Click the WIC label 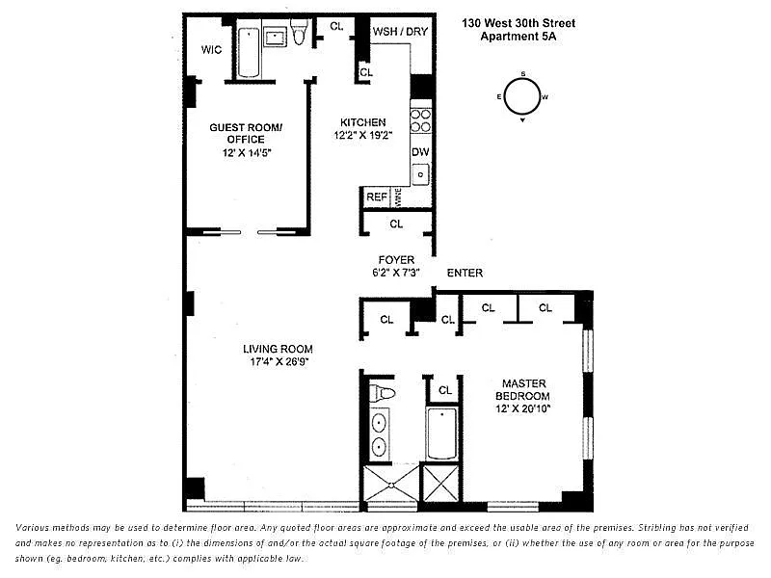[x=211, y=50]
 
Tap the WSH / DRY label [x=400, y=32]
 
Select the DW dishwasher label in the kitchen [x=420, y=152]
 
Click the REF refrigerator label [x=377, y=197]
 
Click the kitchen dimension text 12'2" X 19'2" [x=363, y=135]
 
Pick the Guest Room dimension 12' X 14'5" [x=247, y=153]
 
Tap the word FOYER [x=396, y=260]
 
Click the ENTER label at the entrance [x=465, y=274]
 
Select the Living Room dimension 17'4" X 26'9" [x=279, y=362]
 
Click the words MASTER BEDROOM [x=523, y=390]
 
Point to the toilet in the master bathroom [x=382, y=393]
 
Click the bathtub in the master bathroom [x=442, y=433]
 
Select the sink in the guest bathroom [x=275, y=37]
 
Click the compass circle [x=521, y=96]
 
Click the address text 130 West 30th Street [x=518, y=23]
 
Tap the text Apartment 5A [x=518, y=37]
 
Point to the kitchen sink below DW [x=420, y=174]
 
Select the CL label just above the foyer [x=396, y=224]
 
